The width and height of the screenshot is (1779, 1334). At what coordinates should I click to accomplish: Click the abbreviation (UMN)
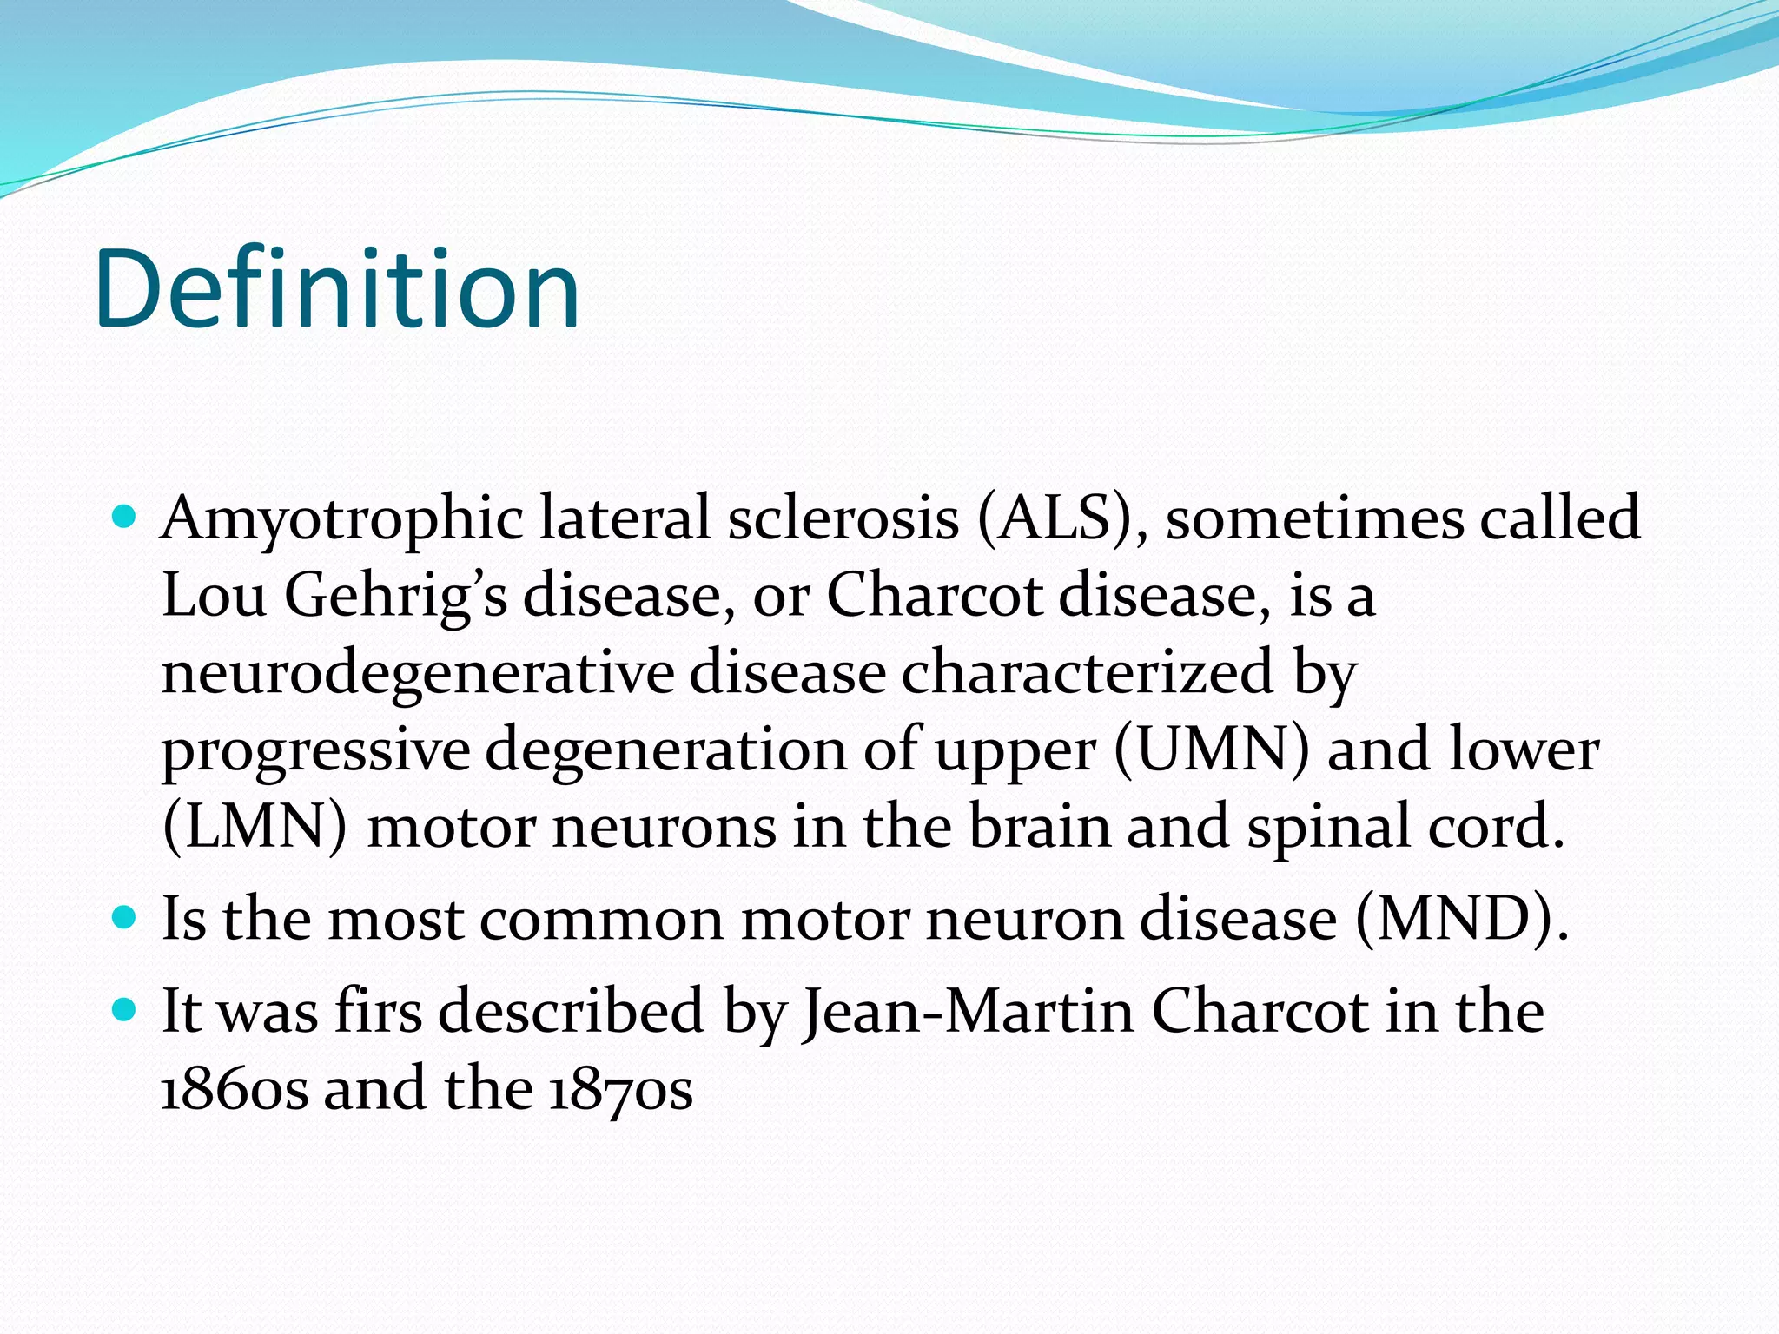coord(1211,750)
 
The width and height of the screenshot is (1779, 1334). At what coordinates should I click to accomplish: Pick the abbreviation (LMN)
coord(255,827)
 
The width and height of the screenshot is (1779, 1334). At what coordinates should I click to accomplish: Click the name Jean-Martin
coord(968,1013)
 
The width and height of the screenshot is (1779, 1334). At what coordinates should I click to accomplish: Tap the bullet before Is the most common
coord(125,917)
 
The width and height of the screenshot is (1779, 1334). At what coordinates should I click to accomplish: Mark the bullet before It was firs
coord(125,1010)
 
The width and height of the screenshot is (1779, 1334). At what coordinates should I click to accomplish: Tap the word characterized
coord(1087,674)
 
